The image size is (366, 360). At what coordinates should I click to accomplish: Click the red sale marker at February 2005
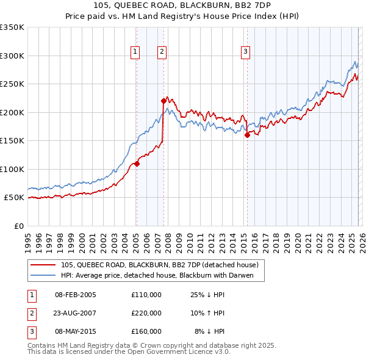pyautogui.click(x=137, y=164)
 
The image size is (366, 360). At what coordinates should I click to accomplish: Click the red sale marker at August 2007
pyautogui.click(x=163, y=101)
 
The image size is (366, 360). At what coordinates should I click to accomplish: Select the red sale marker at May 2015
pyautogui.click(x=247, y=135)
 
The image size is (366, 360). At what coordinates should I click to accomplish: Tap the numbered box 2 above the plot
pyautogui.click(x=162, y=52)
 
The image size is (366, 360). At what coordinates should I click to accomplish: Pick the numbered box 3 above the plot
pyautogui.click(x=245, y=52)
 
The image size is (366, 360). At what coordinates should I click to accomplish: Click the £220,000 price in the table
pyautogui.click(x=146, y=313)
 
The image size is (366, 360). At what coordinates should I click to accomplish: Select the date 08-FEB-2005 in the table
pyautogui.click(x=76, y=295)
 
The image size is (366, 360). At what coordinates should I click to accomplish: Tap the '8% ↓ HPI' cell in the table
pyautogui.click(x=210, y=331)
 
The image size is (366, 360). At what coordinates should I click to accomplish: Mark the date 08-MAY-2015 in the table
pyautogui.click(x=76, y=331)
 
